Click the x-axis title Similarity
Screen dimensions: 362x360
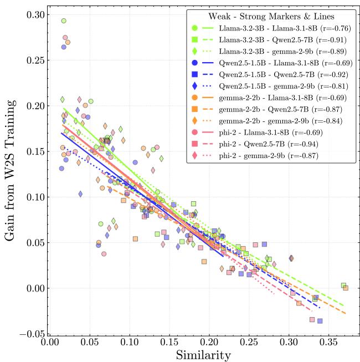click(x=203, y=353)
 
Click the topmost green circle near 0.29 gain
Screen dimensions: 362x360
click(x=64, y=21)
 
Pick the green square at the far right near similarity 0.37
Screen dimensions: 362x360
click(x=343, y=285)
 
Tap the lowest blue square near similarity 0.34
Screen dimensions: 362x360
click(x=320, y=321)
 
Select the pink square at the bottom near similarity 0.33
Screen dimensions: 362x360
click(x=312, y=319)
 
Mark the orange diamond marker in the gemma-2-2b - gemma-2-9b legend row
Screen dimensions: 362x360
click(x=194, y=121)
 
